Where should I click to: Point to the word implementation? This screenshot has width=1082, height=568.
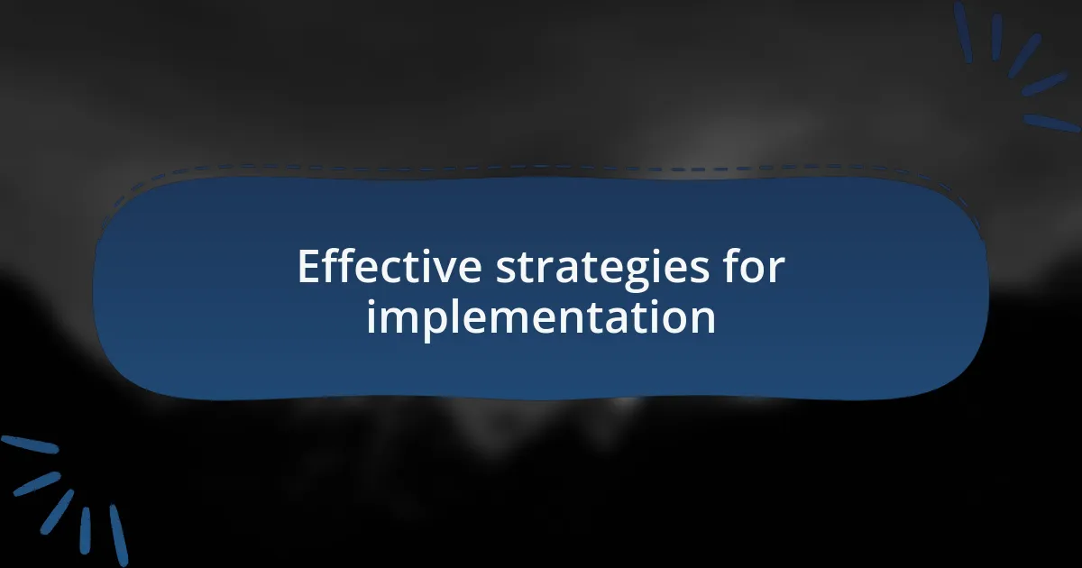(541, 317)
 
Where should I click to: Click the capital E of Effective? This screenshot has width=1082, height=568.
(308, 268)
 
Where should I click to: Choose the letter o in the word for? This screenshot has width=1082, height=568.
(753, 270)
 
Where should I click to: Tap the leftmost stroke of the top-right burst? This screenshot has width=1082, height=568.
(963, 32)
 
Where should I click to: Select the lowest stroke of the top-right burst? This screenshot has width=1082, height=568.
(1051, 123)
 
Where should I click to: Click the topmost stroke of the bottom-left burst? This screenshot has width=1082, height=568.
(30, 444)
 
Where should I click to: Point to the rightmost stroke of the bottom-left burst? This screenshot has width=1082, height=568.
(118, 535)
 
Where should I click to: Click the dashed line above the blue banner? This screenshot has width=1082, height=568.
(541, 168)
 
